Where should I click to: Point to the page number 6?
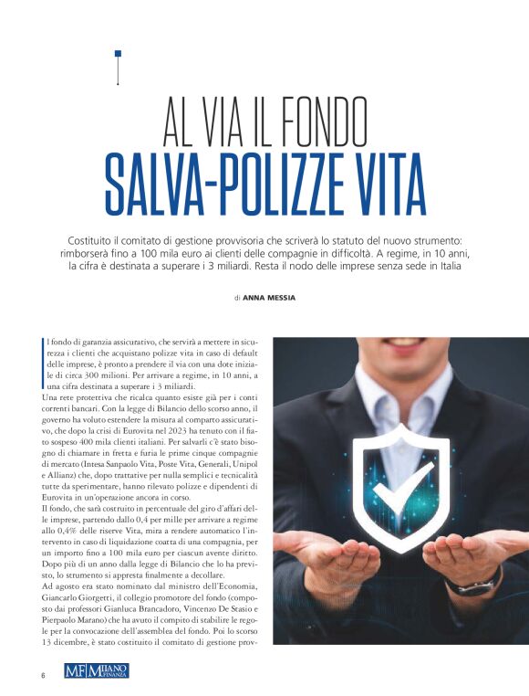(x=42, y=675)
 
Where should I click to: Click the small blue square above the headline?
(x=118, y=54)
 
